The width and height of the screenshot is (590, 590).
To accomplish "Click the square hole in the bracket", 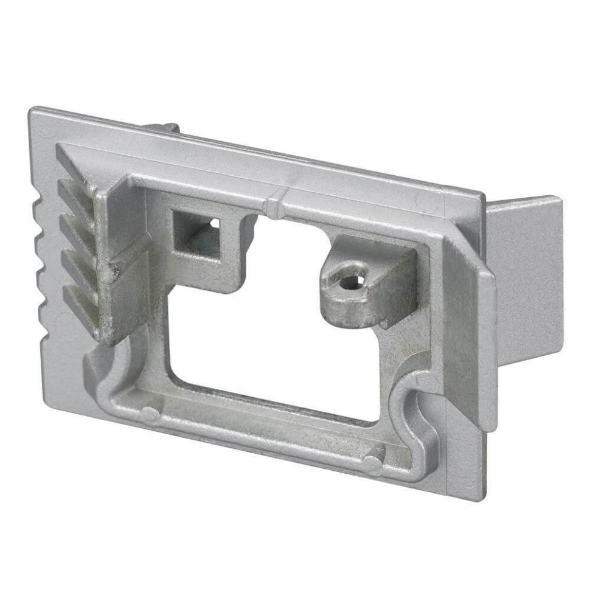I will point(195,234).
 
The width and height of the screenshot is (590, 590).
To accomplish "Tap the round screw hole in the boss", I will point(349,282).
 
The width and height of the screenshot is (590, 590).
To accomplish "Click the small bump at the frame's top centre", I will point(275,207).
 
